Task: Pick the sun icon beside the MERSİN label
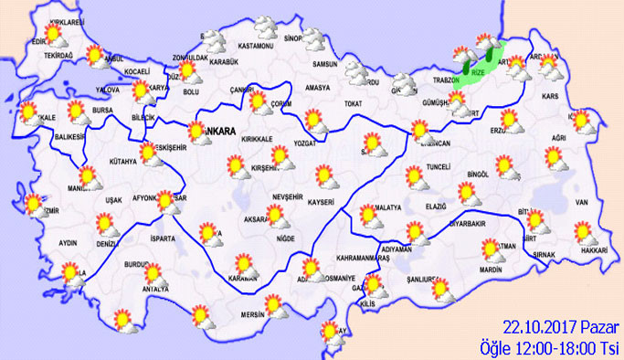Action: click(272, 304)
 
